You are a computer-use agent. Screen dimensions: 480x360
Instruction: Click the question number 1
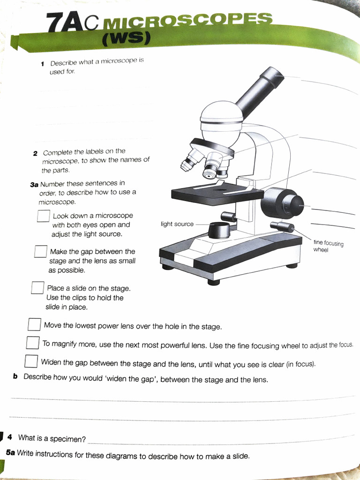[x=42, y=63]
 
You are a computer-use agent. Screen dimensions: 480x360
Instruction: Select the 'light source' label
[x=177, y=224]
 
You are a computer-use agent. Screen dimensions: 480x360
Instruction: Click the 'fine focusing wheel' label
[x=328, y=246]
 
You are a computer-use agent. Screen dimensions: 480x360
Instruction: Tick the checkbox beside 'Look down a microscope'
[x=44, y=216]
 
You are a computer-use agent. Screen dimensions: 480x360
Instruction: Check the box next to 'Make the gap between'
[x=40, y=252]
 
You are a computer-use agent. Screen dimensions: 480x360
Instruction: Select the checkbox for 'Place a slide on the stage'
[x=37, y=288]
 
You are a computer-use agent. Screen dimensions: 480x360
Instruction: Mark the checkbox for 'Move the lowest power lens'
[x=34, y=324]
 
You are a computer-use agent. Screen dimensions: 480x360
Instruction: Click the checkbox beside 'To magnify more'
[x=32, y=343]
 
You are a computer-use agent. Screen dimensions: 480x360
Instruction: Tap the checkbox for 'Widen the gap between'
[x=31, y=361]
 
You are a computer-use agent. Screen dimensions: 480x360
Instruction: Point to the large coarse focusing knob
[x=283, y=202]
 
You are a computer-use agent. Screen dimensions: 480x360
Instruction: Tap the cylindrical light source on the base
[x=218, y=230]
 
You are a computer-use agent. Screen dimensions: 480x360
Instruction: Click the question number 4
[x=10, y=437]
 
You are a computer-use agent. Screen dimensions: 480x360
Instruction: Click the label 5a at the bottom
[x=10, y=453]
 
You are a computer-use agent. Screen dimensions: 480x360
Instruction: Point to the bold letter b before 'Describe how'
[x=15, y=376]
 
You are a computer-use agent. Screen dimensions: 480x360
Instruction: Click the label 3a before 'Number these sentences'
[x=34, y=184]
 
